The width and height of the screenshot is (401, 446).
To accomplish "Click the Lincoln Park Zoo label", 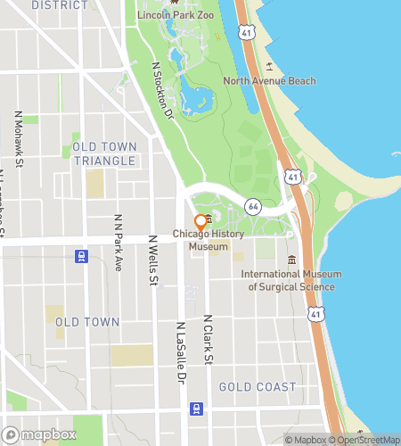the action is click(175, 16).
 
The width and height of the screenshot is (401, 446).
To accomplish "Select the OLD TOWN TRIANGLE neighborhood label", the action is click(104, 153).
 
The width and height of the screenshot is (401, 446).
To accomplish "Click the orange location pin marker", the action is click(200, 221).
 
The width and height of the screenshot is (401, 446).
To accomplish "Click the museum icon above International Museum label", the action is click(291, 260).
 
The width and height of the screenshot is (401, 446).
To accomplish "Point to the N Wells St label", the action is click(153, 261).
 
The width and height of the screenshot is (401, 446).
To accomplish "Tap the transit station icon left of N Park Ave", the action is click(82, 256).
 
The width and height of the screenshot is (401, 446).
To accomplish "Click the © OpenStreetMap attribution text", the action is click(364, 439).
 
